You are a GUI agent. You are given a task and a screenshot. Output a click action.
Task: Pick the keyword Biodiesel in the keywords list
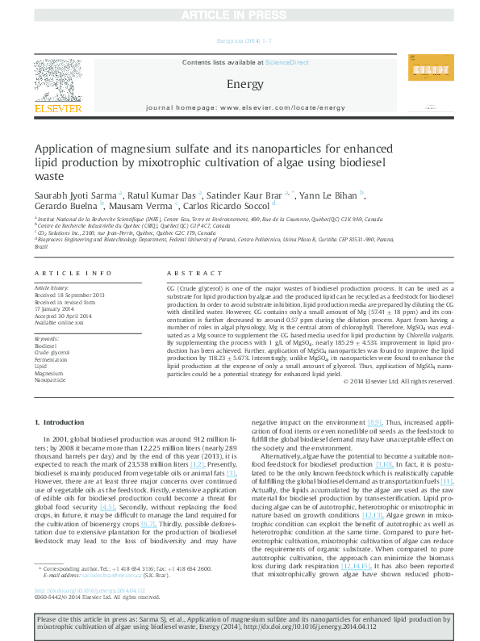(x=46, y=345)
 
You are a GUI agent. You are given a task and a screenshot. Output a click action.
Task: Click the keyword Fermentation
(x=51, y=358)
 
